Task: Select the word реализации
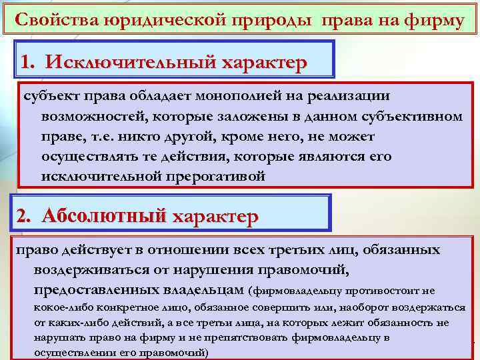353,98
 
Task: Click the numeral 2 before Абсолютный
23,217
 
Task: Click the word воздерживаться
94,270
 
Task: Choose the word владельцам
203,290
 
